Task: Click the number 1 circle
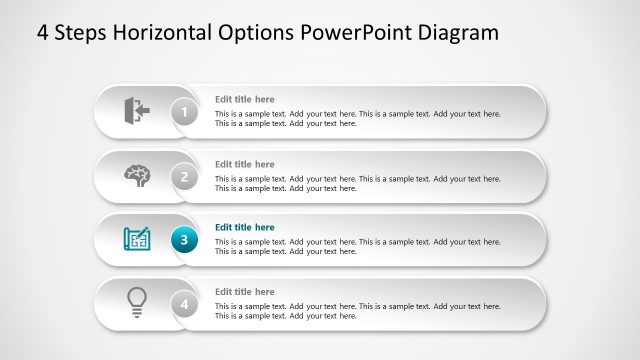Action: (184, 112)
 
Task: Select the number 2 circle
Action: (184, 177)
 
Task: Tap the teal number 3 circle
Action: (184, 240)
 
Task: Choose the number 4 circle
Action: (184, 303)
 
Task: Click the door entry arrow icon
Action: (136, 109)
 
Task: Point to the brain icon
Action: (136, 175)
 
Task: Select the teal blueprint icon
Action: (137, 239)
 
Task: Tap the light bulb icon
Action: (137, 302)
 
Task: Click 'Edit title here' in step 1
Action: (244, 99)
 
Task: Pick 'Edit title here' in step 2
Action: (244, 164)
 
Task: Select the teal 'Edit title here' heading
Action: (244, 227)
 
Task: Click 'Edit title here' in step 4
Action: (244, 292)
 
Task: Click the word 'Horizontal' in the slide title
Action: (161, 33)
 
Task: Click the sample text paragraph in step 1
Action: (357, 119)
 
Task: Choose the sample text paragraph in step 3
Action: (357, 247)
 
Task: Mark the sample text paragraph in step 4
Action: (357, 311)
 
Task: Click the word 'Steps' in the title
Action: (81, 33)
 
